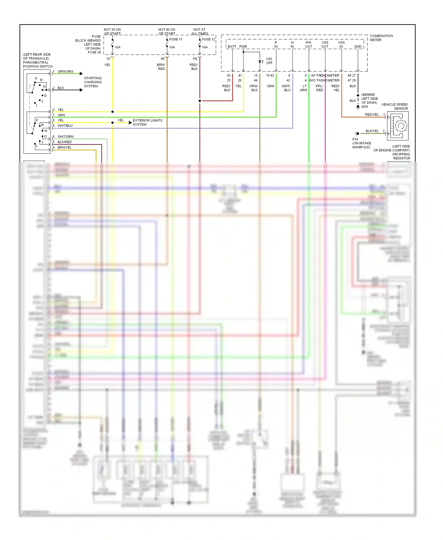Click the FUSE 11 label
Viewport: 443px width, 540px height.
point(176,39)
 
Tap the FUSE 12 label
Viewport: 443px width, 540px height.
point(209,39)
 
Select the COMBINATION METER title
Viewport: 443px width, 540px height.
point(381,38)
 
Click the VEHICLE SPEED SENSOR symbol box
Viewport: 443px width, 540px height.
point(398,126)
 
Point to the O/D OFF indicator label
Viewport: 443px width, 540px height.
point(269,61)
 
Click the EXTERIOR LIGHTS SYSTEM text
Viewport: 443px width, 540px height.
point(147,122)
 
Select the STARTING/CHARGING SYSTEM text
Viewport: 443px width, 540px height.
point(93,82)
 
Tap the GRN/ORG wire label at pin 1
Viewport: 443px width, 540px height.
point(65,71)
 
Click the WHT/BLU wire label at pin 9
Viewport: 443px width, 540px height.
point(65,126)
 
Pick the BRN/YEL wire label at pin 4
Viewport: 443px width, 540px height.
point(64,147)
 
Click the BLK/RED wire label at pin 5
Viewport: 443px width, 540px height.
point(64,142)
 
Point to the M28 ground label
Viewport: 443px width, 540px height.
point(364,107)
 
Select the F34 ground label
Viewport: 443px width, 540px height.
point(355,139)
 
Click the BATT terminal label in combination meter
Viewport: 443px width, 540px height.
point(232,47)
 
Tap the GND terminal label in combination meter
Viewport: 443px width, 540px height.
point(358,47)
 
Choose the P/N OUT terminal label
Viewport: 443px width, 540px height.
point(308,45)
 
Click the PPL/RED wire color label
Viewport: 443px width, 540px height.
point(320,88)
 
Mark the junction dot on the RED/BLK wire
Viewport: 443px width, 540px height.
point(200,101)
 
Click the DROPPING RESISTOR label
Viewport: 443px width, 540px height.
point(401,156)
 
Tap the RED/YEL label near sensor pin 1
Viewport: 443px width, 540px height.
point(372,115)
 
